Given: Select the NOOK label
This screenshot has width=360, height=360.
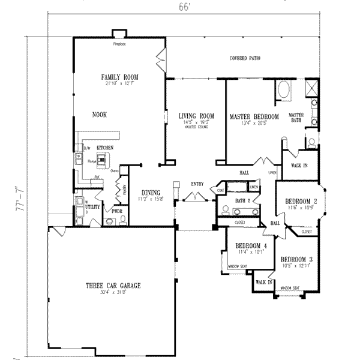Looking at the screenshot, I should pyautogui.click(x=100, y=115).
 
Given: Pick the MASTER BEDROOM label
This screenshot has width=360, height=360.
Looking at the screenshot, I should pyautogui.click(x=254, y=116).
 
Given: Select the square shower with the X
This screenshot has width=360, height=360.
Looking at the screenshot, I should pyautogui.click(x=312, y=89).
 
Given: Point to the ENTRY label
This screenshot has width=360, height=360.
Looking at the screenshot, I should pyautogui.click(x=197, y=184).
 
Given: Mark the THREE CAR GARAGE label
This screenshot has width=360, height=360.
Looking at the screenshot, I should pyautogui.click(x=113, y=286).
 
